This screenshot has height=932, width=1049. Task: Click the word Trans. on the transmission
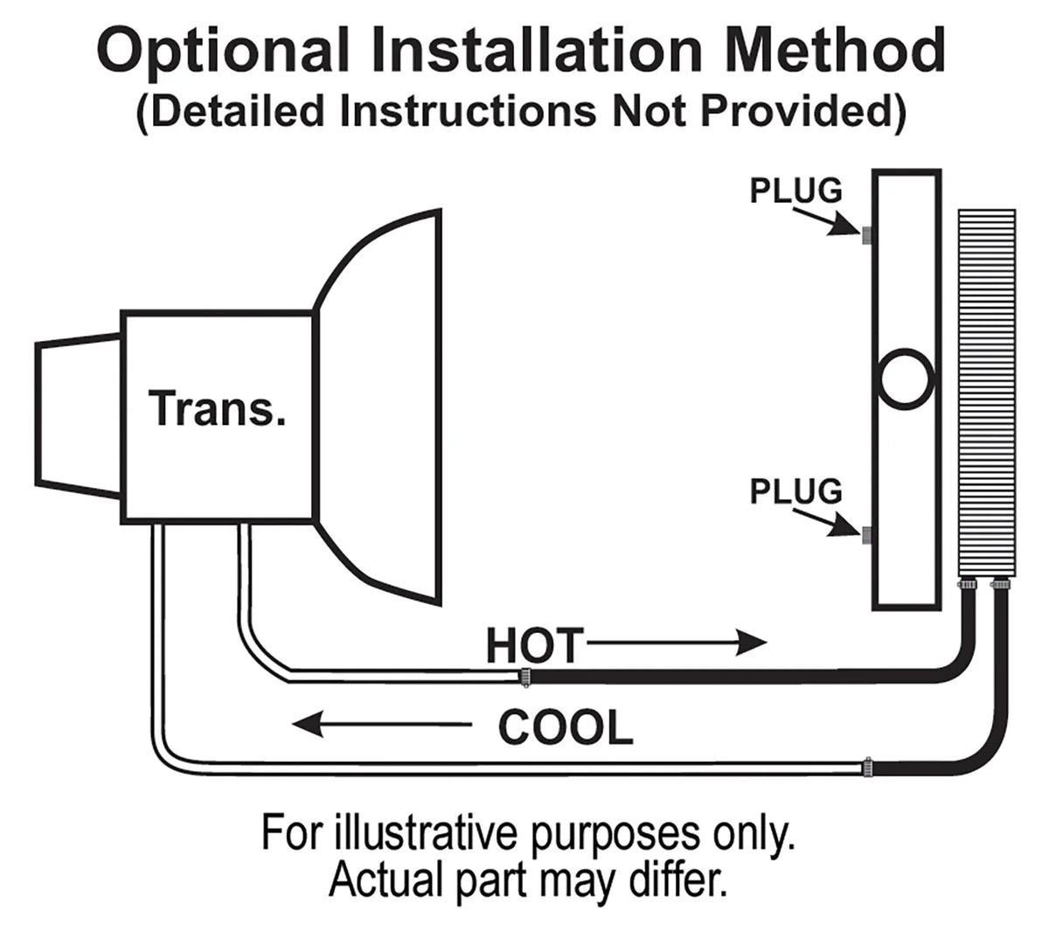[218, 409]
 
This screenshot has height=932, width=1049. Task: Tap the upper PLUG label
[795, 190]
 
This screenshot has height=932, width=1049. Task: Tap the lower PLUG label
[795, 491]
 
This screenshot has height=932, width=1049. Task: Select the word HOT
[533, 645]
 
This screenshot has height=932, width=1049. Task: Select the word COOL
[566, 727]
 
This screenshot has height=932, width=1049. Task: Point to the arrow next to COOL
[380, 724]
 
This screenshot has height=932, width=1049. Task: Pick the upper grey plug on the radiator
[866, 236]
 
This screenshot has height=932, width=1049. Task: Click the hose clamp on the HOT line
[524, 677]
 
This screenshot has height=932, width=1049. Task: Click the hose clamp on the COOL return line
[868, 768]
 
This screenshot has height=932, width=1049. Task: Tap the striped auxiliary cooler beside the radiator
[987, 393]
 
